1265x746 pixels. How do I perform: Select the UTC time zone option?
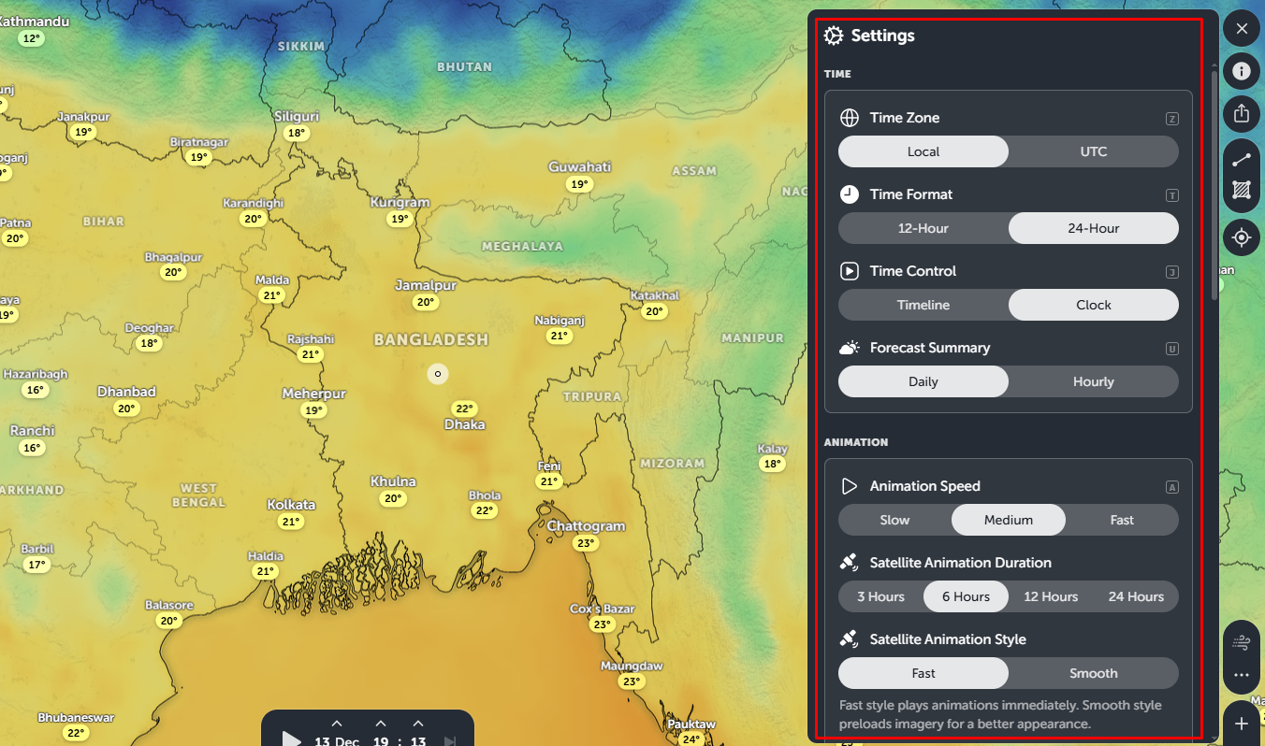(1093, 151)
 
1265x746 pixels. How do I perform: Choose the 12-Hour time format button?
(923, 228)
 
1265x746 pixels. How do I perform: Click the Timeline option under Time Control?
(923, 305)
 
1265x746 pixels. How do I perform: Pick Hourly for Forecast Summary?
(1093, 381)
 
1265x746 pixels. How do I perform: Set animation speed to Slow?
(894, 520)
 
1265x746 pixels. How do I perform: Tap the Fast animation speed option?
(1122, 520)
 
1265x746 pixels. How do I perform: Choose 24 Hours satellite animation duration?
(1136, 596)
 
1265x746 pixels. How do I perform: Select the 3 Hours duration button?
(880, 596)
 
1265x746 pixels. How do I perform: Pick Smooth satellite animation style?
(1093, 673)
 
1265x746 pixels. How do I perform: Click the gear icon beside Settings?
(834, 36)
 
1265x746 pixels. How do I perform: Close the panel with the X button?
(1242, 29)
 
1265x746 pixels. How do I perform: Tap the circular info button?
(1242, 71)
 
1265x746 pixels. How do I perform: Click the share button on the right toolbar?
(1242, 113)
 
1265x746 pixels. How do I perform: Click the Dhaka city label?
(465, 424)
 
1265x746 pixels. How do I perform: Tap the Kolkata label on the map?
(291, 505)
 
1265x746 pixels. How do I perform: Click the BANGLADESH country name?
(431, 339)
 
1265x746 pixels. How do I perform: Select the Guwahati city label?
(579, 167)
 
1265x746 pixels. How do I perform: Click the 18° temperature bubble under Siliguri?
(298, 133)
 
